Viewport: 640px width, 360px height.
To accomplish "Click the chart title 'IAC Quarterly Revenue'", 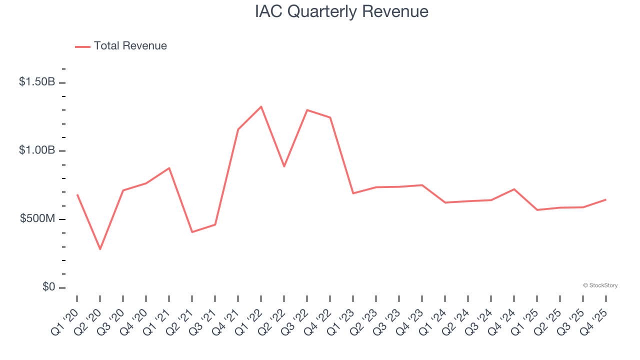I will (x=341, y=11).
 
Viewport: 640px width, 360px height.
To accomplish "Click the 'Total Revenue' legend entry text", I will (x=130, y=46).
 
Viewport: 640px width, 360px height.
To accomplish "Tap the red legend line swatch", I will (x=82, y=46).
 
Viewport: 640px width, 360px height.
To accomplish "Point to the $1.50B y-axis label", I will (x=37, y=82).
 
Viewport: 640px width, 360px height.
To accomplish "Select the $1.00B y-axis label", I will (x=37, y=150).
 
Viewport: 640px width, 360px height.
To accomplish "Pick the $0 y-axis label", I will (x=48, y=287).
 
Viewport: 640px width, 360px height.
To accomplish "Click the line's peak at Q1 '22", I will (x=261, y=106).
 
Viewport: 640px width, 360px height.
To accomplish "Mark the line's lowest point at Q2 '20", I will (x=100, y=249).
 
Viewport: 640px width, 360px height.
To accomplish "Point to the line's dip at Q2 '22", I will (x=284, y=166).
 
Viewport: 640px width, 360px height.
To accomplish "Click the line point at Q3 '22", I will (x=307, y=110).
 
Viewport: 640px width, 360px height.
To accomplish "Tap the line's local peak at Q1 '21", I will (x=169, y=168).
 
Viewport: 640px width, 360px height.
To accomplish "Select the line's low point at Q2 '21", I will (x=192, y=232).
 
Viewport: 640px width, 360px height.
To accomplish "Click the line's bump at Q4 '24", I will (x=514, y=189).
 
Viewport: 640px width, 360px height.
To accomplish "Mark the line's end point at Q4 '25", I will (x=606, y=199).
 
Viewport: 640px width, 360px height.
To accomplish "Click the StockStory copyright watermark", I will (x=600, y=285).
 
